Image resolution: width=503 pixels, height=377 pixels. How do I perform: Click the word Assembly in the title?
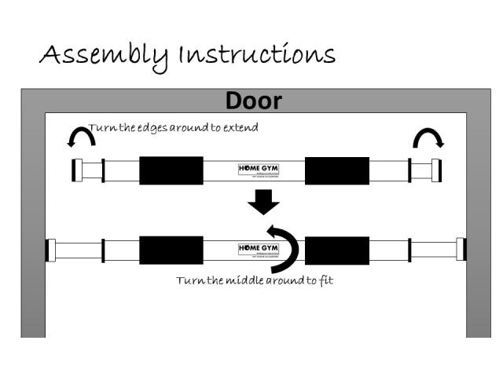click(104, 56)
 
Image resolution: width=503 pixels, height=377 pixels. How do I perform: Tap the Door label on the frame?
click(253, 101)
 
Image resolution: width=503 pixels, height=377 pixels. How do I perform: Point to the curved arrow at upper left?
click(81, 138)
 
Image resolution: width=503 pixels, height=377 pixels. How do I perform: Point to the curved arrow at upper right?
click(429, 138)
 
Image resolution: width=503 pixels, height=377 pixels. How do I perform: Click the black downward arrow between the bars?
click(263, 203)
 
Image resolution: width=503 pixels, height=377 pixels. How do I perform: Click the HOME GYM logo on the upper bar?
click(258, 169)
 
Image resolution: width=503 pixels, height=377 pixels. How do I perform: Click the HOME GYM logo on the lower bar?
click(258, 249)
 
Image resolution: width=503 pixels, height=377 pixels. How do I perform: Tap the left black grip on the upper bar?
click(171, 170)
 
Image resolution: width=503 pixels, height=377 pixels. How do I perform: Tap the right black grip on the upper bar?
click(337, 170)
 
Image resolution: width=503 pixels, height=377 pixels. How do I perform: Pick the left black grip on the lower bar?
click(171, 250)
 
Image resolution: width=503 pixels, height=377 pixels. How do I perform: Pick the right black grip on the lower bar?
click(337, 250)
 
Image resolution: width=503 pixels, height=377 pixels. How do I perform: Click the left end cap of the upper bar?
click(77, 170)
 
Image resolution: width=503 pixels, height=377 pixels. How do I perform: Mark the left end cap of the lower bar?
click(50, 250)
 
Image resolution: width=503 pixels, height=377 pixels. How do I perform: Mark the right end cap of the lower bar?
click(461, 250)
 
